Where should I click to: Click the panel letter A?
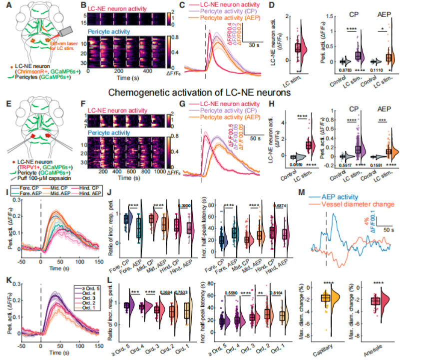(5, 6)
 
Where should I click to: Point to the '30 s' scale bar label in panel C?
(256, 45)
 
